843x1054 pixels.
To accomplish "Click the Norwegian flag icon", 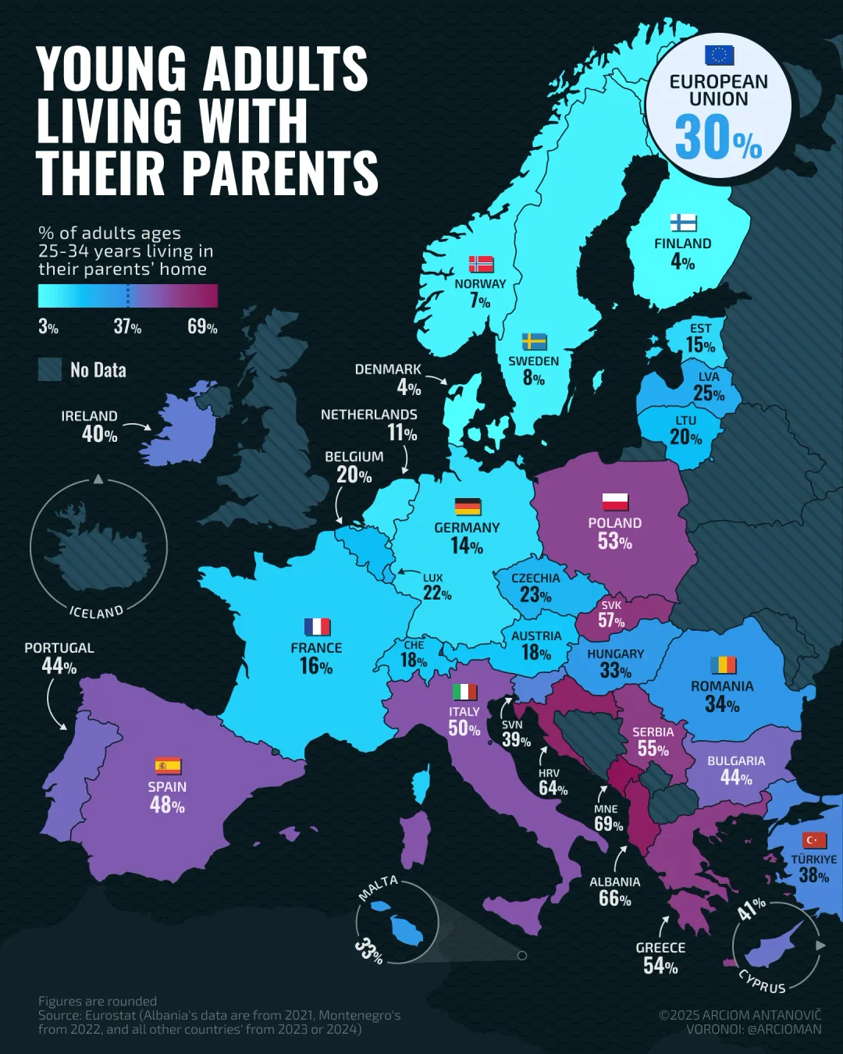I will tap(481, 264).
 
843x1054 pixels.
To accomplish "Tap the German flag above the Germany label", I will tap(468, 507).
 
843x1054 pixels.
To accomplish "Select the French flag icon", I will tap(317, 627).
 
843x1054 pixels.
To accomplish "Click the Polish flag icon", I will tap(615, 502).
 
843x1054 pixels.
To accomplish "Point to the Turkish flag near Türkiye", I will tap(814, 840).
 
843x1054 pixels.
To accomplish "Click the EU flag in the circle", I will tap(719, 55).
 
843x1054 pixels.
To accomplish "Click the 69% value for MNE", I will tap(608, 825).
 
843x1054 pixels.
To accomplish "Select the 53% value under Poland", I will tap(614, 541).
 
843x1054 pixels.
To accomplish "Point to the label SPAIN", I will tap(167, 787).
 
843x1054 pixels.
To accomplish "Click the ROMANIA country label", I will tap(722, 686).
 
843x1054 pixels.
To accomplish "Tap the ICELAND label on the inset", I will tap(97, 611).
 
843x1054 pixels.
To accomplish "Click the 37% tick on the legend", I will tap(127, 326).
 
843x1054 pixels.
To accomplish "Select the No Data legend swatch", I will tap(50, 369).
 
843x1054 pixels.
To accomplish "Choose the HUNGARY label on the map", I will tap(615, 654).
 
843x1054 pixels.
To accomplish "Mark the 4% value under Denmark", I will tap(408, 387).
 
